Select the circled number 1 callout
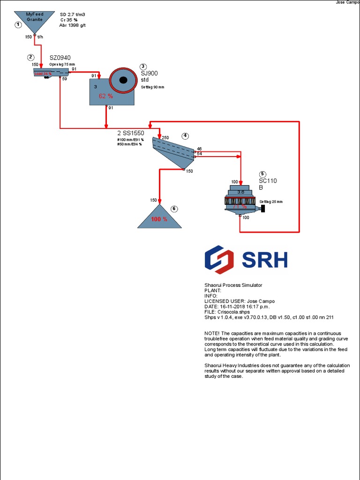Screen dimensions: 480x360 (x=18, y=25)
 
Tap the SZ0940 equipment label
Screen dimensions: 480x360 (x=60, y=58)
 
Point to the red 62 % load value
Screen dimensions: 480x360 (x=106, y=96)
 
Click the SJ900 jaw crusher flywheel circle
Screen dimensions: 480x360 (x=123, y=80)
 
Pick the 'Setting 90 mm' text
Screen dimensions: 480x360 (x=152, y=87)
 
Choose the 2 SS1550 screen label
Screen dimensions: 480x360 (x=131, y=133)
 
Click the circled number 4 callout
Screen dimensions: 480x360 (x=186, y=136)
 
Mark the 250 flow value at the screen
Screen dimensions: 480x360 (x=165, y=138)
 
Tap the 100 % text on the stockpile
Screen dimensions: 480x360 (x=159, y=219)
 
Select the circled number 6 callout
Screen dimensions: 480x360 (x=174, y=209)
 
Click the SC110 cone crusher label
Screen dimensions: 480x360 (x=268, y=181)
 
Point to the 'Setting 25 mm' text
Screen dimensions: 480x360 (x=271, y=202)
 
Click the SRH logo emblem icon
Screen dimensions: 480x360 (x=219, y=260)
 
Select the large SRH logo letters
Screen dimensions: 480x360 (x=264, y=260)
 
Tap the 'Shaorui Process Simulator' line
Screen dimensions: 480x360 (x=233, y=285)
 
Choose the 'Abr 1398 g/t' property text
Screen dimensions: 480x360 (x=73, y=26)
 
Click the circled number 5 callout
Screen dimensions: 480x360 (x=262, y=174)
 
